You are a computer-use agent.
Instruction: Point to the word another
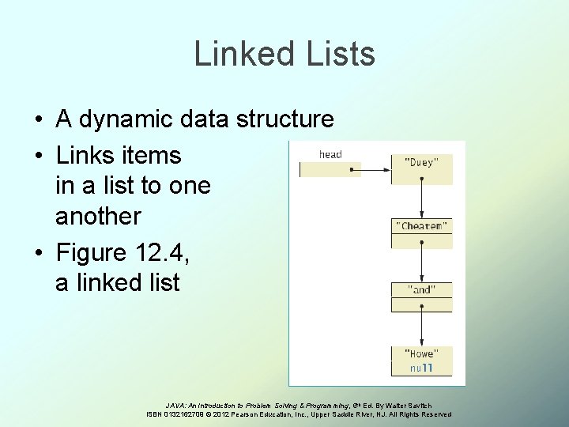(98, 216)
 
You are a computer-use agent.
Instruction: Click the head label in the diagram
(330, 154)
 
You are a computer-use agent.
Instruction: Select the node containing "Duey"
(422, 162)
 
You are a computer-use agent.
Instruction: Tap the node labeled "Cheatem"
(422, 226)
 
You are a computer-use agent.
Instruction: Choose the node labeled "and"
(422, 290)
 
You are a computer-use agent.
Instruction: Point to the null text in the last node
(420, 368)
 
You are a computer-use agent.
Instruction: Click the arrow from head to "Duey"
(375, 168)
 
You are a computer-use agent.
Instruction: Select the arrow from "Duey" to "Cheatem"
(422, 198)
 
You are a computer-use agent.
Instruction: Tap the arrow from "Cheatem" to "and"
(422, 261)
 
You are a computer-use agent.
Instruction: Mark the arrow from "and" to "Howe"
(422, 324)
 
